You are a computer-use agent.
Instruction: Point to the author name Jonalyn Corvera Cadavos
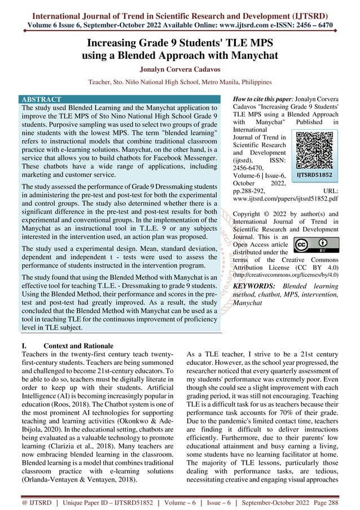(x=179, y=70)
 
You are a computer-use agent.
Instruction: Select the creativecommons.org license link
(x=287, y=275)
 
